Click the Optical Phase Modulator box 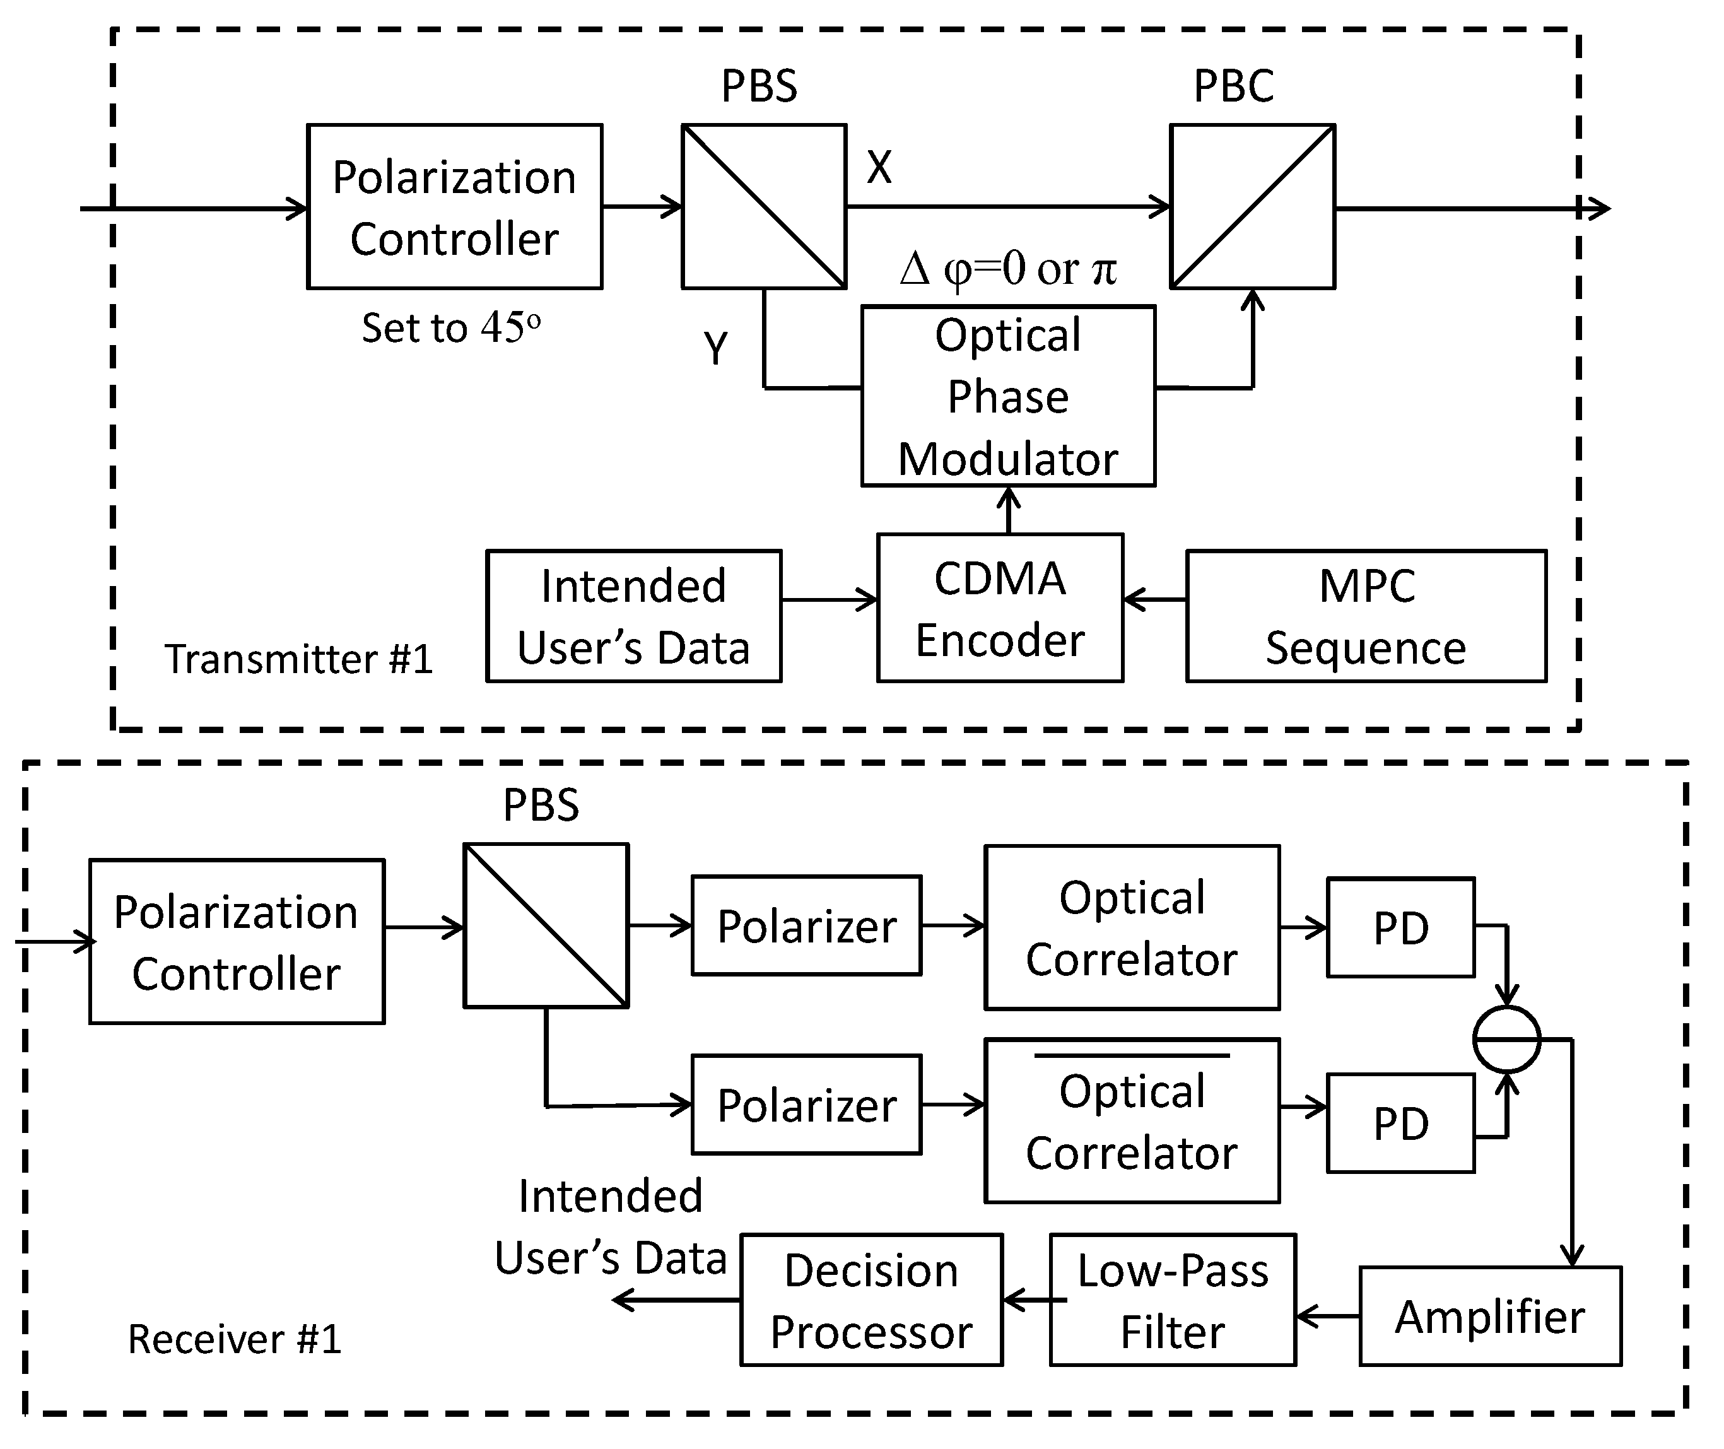point(1008,396)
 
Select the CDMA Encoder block point(1000,608)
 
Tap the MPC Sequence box point(1366,616)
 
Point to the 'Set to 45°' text point(451,328)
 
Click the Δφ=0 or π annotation point(1008,269)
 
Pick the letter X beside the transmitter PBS point(879,168)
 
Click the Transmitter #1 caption point(298,659)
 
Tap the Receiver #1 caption point(234,1339)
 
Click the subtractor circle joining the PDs point(1506,1039)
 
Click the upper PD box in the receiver point(1400,927)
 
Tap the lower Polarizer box point(807,1105)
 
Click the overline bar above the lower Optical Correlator point(1131,1055)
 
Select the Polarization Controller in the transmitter point(454,207)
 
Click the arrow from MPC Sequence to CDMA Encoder point(1154,600)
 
